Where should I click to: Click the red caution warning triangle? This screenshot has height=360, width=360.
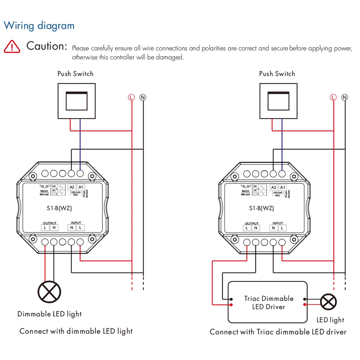pyautogui.click(x=12, y=46)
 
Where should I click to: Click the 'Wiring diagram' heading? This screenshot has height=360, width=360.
pyautogui.click(x=39, y=26)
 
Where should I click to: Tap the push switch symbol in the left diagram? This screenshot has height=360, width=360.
pyautogui.click(x=76, y=101)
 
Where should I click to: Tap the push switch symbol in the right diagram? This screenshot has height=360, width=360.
pyautogui.click(x=278, y=101)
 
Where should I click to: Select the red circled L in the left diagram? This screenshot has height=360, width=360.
pyautogui.click(x=131, y=97)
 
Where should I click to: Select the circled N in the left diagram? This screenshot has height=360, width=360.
pyautogui.click(x=143, y=97)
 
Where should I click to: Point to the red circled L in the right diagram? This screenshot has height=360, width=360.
pyautogui.click(x=333, y=97)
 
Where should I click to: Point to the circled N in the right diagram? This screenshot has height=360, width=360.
pyautogui.click(x=345, y=97)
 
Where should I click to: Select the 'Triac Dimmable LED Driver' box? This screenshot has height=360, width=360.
pyautogui.click(x=268, y=302)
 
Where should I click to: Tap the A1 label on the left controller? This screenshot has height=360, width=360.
pyautogui.click(x=81, y=187)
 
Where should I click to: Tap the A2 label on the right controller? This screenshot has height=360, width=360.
pyautogui.click(x=274, y=187)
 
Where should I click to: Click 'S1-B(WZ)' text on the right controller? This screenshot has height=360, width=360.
pyautogui.click(x=261, y=208)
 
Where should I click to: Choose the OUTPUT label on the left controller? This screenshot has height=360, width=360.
pyautogui.click(x=50, y=223)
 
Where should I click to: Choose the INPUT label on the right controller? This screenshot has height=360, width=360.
pyautogui.click(x=278, y=223)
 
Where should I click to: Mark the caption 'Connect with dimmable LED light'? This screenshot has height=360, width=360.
pyautogui.click(x=76, y=331)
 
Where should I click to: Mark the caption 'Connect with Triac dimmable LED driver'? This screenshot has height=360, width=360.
pyautogui.click(x=278, y=332)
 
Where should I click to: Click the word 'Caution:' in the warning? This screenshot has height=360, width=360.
pyautogui.click(x=47, y=46)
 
